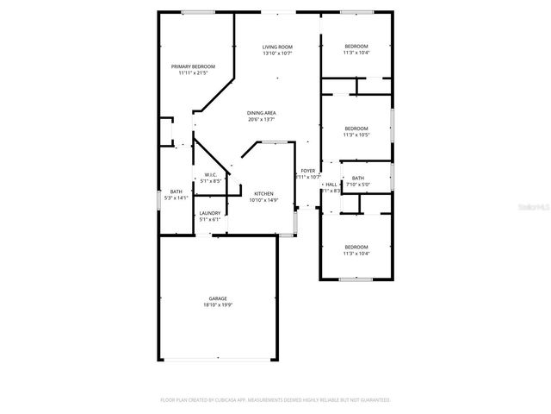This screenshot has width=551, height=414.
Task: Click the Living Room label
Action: click(277, 47)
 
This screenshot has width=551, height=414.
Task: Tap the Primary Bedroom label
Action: click(193, 66)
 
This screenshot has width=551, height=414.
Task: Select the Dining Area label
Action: click(262, 113)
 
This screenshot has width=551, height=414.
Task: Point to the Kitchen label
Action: click(263, 193)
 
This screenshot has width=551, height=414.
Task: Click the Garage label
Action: click(217, 298)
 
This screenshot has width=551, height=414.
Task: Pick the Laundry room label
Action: click(210, 213)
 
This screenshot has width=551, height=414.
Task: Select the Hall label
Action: click(331, 185)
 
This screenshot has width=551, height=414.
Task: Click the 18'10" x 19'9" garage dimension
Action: click(217, 305)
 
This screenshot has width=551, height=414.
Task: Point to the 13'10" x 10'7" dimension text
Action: click(277, 53)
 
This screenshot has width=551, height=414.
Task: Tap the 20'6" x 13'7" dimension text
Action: click(262, 120)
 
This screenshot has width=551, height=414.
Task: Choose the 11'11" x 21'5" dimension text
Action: click(193, 73)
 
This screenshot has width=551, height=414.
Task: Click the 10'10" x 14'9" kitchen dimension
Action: click(263, 200)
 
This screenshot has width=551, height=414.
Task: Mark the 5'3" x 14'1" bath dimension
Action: click(176, 198)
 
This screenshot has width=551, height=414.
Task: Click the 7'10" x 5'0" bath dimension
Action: click(357, 185)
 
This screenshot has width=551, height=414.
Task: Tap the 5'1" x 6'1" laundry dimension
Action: click(210, 220)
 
